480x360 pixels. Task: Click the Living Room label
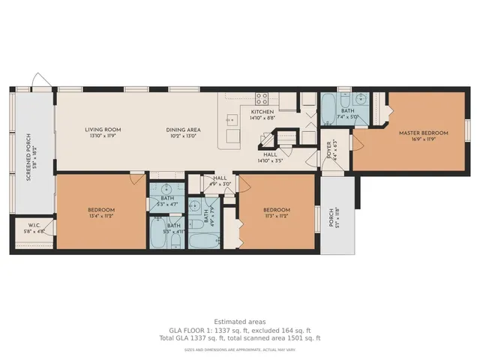103,130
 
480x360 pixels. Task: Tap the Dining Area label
184,130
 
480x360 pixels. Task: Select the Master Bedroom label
423,133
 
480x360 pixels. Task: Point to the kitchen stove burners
262,97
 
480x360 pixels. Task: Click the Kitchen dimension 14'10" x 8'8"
262,118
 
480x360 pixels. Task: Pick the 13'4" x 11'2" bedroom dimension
100,216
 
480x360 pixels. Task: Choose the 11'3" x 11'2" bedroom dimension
277,216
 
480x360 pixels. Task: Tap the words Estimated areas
239,321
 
